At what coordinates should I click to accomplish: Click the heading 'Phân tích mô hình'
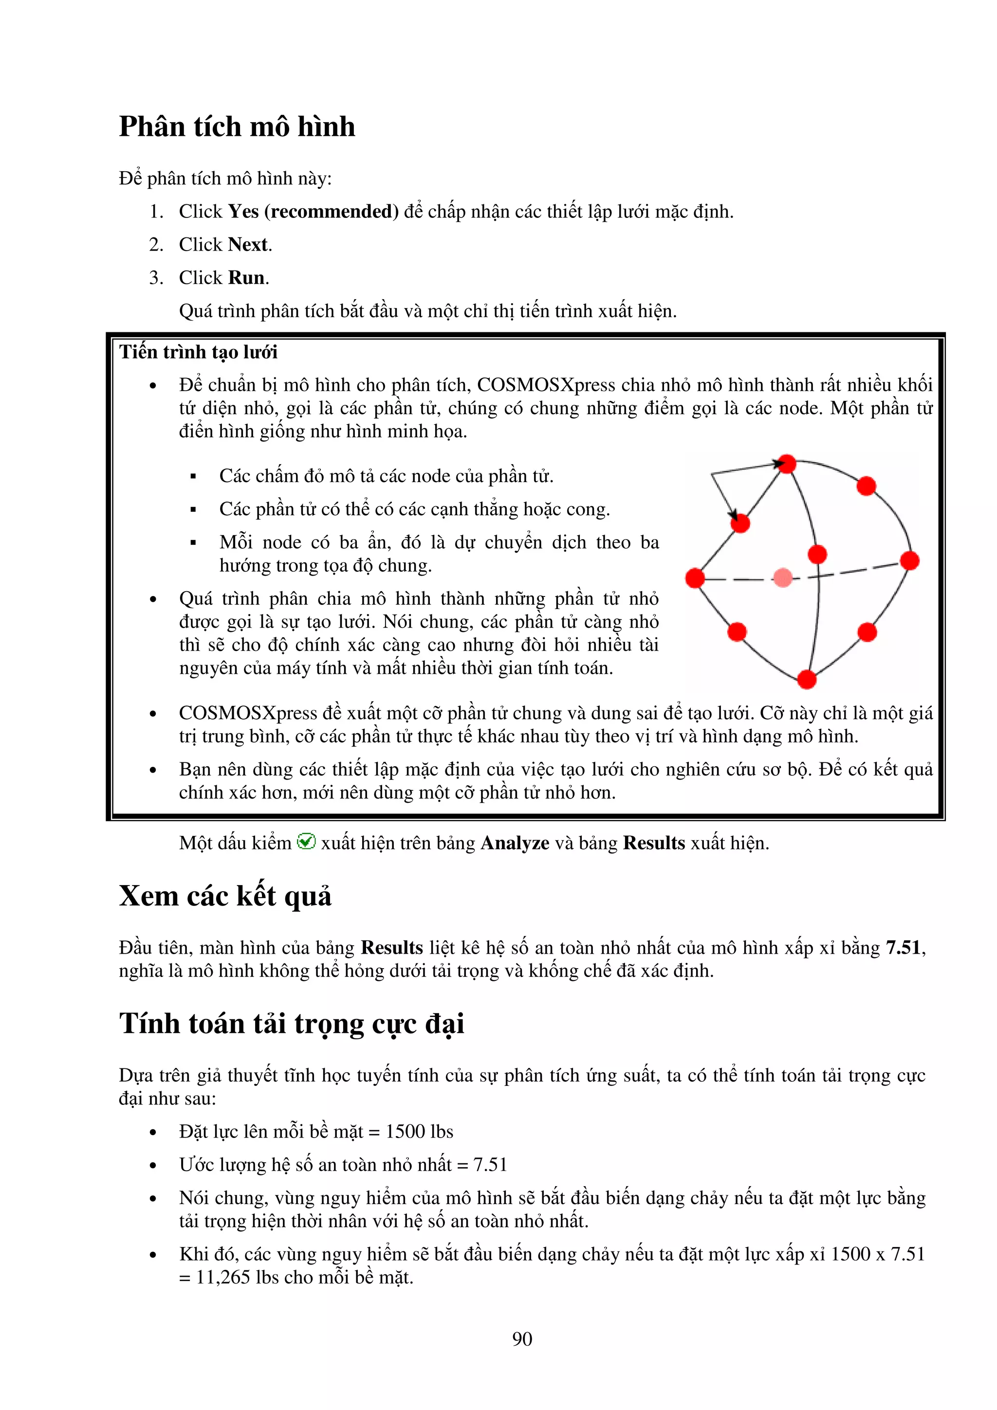(237, 127)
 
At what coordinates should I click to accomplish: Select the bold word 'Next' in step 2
(248, 244)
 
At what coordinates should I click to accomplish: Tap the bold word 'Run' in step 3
(246, 278)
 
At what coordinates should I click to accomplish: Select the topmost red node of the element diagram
(787, 464)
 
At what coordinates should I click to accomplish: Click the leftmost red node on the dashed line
(695, 578)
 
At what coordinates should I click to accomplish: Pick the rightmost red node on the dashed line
(909, 560)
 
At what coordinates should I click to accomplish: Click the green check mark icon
(306, 841)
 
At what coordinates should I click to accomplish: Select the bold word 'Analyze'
(514, 843)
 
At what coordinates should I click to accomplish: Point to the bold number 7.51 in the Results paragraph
(903, 948)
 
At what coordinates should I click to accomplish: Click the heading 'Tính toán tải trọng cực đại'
(291, 1024)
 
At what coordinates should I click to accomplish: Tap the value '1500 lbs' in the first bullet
(419, 1131)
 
